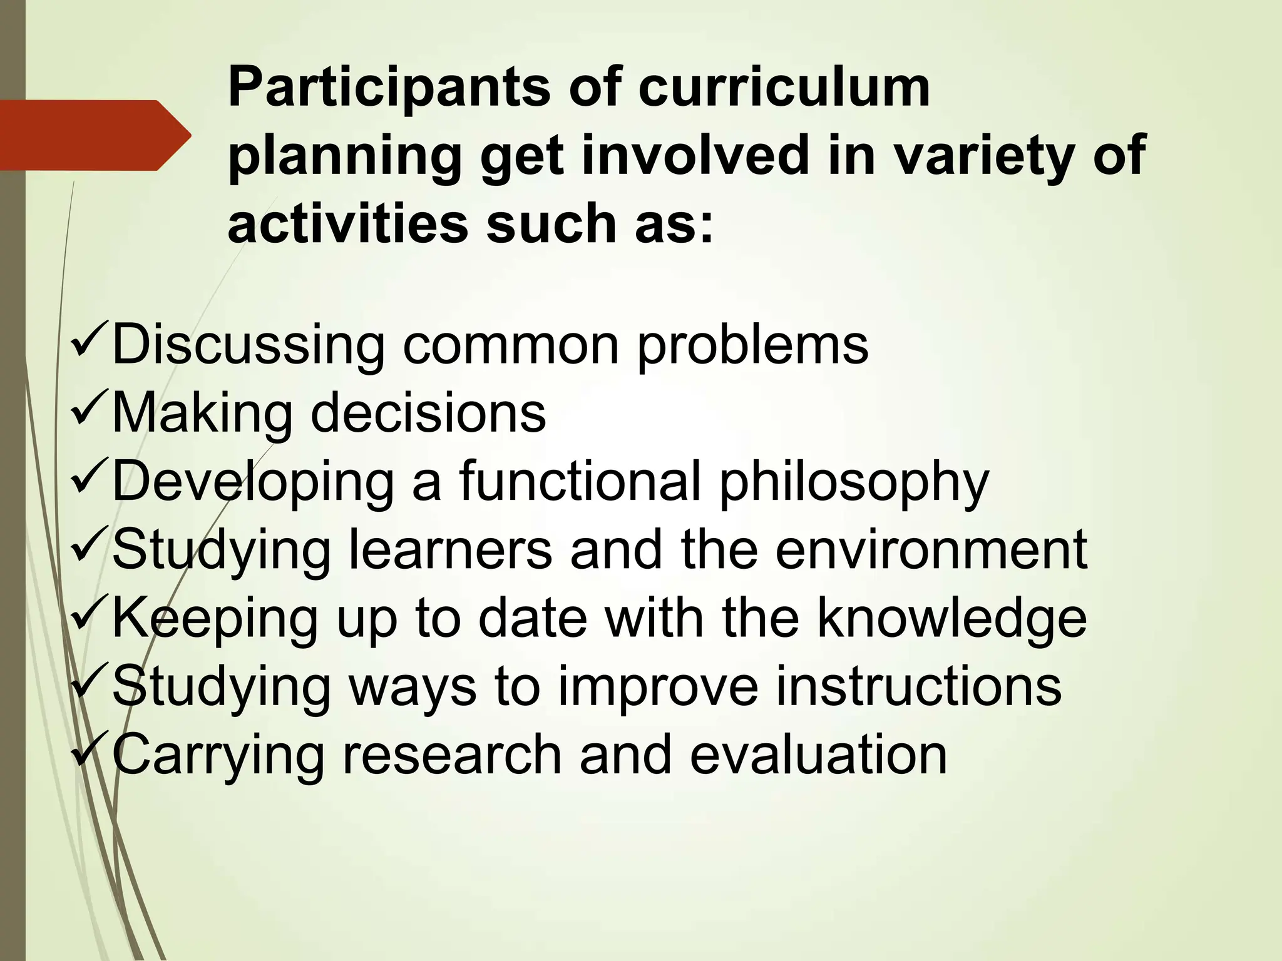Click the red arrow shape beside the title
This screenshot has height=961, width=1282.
tap(94, 135)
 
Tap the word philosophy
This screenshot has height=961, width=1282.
tap(854, 484)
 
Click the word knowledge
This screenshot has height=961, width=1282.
tap(951, 619)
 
